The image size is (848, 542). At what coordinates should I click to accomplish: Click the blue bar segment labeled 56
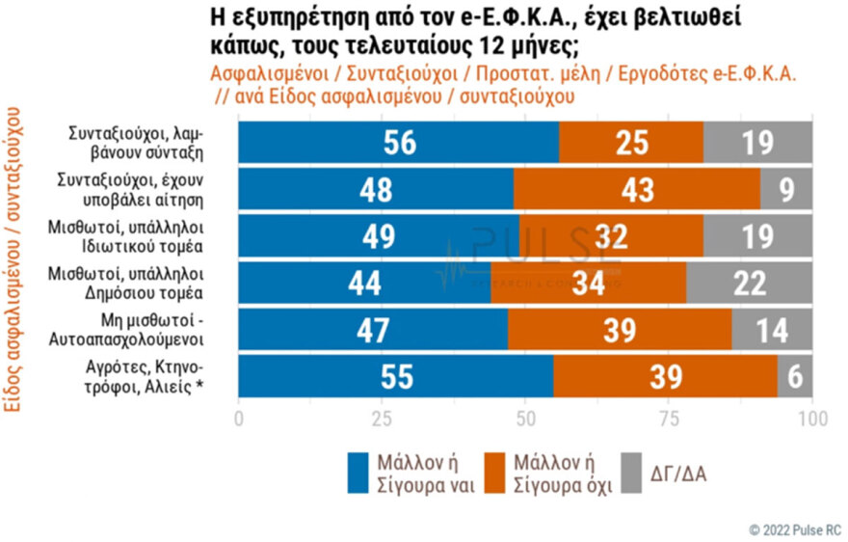[x=398, y=143]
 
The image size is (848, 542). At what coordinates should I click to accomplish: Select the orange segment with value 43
[x=636, y=189]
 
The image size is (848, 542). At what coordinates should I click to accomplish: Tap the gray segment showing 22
[x=749, y=283]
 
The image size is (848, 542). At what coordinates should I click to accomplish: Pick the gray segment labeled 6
[x=795, y=375]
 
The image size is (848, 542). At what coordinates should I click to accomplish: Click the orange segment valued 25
[x=631, y=143]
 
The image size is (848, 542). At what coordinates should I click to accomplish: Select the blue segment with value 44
[x=364, y=283]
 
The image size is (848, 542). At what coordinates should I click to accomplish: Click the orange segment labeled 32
[x=611, y=236]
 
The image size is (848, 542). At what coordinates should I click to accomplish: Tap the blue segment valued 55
[x=395, y=375]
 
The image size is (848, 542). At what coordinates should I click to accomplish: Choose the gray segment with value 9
[x=786, y=189]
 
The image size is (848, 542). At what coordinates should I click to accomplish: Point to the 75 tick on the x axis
[x=669, y=420]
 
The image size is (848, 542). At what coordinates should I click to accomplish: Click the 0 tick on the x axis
[x=239, y=420]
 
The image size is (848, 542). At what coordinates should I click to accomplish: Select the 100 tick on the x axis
[x=813, y=420]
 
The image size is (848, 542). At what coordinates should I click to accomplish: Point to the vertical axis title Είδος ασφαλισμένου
[x=15, y=280]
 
